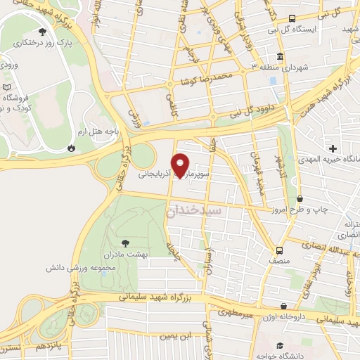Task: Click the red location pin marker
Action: click(x=181, y=165)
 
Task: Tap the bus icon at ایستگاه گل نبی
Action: click(x=292, y=19)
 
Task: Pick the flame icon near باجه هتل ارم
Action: click(x=71, y=148)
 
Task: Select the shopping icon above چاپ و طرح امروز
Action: click(x=300, y=200)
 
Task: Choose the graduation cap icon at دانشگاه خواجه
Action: click(x=281, y=345)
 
